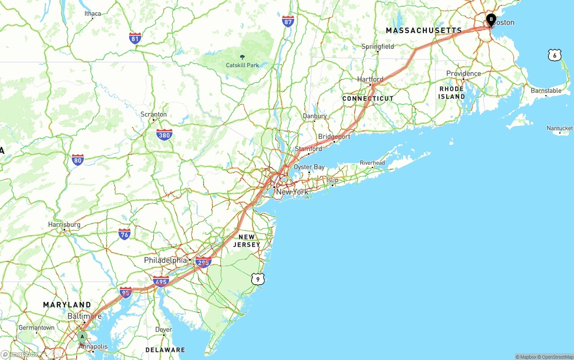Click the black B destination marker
point(491,20)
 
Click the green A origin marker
point(82,337)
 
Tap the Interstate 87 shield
point(288,21)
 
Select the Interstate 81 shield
point(135,38)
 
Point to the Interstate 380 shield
point(164,134)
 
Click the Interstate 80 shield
point(78,160)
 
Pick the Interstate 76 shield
point(125,234)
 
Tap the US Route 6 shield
point(555,55)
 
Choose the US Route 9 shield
point(257,279)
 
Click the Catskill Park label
point(242,65)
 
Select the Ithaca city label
point(93,13)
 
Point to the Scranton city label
point(153,114)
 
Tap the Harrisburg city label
point(64,225)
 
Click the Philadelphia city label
point(165,260)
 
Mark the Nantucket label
point(560,128)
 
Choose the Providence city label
point(463,74)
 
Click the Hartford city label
point(370,79)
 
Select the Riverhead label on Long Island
point(372,163)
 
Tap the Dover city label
point(163,330)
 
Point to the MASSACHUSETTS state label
point(424,30)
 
